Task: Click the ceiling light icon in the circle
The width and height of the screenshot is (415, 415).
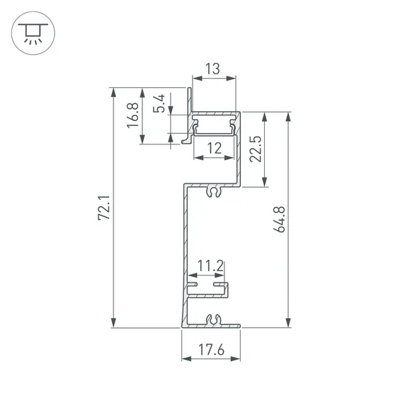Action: (30, 32)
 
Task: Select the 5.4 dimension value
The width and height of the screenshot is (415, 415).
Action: (160, 104)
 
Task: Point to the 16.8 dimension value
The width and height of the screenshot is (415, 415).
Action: (132, 116)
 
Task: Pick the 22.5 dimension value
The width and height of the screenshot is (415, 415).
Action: (256, 149)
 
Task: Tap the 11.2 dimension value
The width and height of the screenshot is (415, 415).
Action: (210, 266)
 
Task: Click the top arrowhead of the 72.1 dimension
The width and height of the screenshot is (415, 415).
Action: (113, 93)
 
